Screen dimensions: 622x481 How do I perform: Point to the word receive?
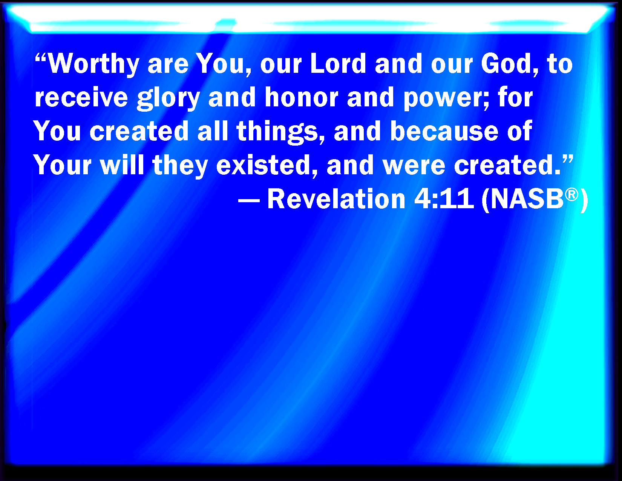coord(81,97)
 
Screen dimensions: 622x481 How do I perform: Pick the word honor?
coord(302,97)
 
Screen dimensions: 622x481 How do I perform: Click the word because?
coord(444,131)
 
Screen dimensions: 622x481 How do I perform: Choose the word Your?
coord(62,164)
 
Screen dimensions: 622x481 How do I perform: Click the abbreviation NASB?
coord(527,199)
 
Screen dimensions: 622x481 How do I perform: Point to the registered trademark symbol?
coord(571,195)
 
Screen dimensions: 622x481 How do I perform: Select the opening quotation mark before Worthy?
coord(41,57)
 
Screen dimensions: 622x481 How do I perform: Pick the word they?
coord(180,166)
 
